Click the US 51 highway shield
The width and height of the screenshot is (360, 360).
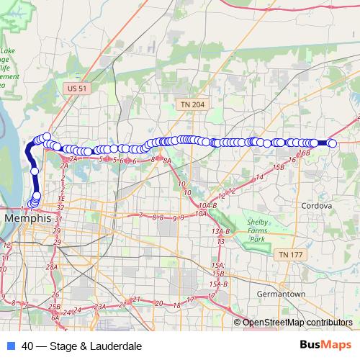coord(77,88)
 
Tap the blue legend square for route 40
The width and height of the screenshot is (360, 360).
coord(11,346)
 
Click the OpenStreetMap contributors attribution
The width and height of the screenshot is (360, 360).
coord(297,323)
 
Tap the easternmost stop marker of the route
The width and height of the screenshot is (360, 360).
coord(333,144)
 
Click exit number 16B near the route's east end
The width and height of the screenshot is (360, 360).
coord(304,153)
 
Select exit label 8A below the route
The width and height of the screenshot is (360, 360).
coord(167,161)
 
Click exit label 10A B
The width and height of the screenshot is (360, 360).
coord(203,205)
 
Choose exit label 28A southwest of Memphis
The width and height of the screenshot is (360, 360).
coord(51,267)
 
